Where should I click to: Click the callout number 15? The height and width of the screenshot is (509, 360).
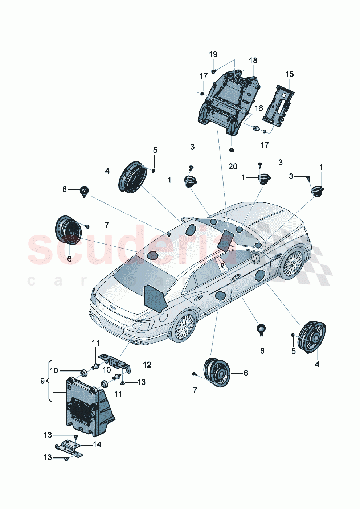(289, 74)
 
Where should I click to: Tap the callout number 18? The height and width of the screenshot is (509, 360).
(253, 60)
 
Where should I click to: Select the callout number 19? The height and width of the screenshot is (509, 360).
(213, 54)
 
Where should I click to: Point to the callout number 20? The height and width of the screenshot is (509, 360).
(233, 166)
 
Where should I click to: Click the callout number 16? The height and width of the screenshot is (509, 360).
(258, 108)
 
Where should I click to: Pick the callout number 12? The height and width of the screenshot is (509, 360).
(147, 365)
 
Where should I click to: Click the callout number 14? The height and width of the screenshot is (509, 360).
(97, 444)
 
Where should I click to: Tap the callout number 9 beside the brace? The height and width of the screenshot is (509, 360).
(42, 381)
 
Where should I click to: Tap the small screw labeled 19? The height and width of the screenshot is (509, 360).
(214, 71)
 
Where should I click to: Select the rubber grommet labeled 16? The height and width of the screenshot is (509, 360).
(256, 128)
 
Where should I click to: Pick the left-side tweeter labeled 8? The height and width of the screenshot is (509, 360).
(84, 190)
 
